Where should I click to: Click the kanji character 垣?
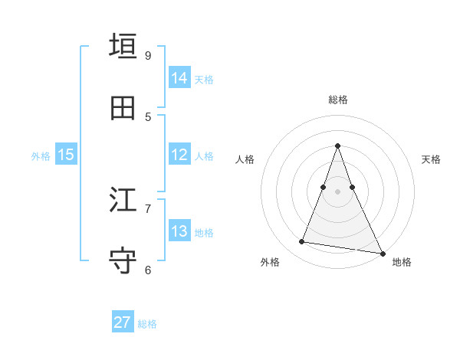pyautogui.click(x=123, y=47)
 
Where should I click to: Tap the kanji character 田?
pyautogui.click(x=123, y=108)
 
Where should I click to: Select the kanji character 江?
pyautogui.click(x=123, y=201)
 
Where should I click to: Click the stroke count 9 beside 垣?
pyautogui.click(x=148, y=56)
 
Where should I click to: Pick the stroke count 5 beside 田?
pyautogui.click(x=148, y=116)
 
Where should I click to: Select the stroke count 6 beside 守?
pyautogui.click(x=148, y=270)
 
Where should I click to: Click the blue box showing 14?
pyautogui.click(x=179, y=78)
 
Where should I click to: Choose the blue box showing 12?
pyautogui.click(x=179, y=155)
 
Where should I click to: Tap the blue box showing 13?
pyautogui.click(x=179, y=231)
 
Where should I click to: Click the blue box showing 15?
pyautogui.click(x=66, y=155)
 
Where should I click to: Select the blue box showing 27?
pyautogui.click(x=123, y=322)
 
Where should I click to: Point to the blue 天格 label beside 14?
pyautogui.click(x=204, y=80)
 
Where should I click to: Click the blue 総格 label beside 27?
pyautogui.click(x=147, y=324)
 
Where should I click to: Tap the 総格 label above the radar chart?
pyautogui.click(x=338, y=100)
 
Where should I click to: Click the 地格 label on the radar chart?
pyautogui.click(x=402, y=262)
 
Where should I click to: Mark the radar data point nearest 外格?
pyautogui.click(x=302, y=242)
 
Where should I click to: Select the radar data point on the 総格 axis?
pyautogui.click(x=338, y=146)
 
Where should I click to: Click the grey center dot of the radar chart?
pyautogui.click(x=338, y=191)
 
